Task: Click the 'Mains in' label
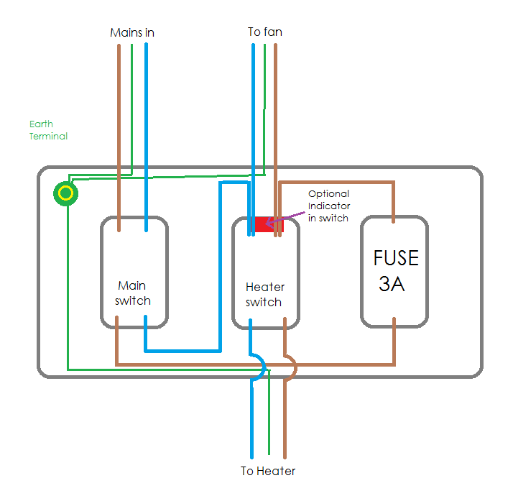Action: (132, 33)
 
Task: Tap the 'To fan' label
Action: (264, 32)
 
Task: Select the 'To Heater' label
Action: (268, 472)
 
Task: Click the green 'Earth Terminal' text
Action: (48, 130)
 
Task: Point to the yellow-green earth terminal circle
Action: (65, 193)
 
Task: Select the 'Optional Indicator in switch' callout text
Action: (328, 206)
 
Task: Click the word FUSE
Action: (395, 258)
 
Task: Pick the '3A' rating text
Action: (392, 284)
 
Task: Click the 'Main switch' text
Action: (134, 293)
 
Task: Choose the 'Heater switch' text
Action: (264, 295)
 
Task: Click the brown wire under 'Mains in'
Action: (119, 108)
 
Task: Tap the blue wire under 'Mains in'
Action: (147, 108)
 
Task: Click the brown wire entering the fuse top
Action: (394, 201)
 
